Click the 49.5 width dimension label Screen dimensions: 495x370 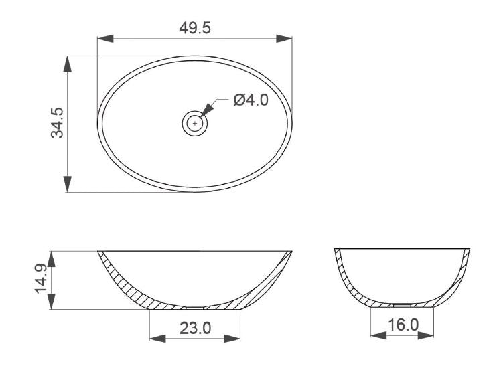click(x=195, y=28)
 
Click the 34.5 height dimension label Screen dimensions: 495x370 click(x=57, y=123)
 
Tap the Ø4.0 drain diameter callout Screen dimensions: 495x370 click(x=251, y=100)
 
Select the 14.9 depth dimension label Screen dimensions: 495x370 click(x=41, y=279)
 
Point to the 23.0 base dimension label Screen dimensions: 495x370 click(x=196, y=329)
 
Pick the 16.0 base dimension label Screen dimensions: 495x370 click(x=403, y=325)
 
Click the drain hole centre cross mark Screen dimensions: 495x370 click(x=195, y=123)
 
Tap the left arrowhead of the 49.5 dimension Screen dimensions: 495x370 click(x=105, y=39)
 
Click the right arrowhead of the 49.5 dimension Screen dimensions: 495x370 click(x=284, y=39)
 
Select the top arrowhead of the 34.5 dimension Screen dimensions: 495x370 click(x=67, y=64)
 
